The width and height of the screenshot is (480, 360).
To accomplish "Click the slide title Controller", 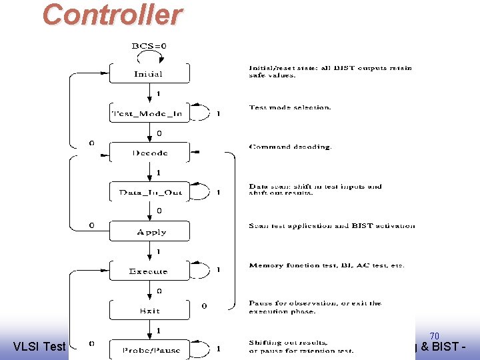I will (x=112, y=15).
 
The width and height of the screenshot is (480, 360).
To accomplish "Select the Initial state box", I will (x=149, y=73).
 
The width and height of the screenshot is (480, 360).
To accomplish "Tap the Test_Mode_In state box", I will (x=149, y=113).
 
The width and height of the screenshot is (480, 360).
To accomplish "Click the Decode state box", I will (x=149, y=153).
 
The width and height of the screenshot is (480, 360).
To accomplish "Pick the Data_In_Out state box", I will (x=149, y=192).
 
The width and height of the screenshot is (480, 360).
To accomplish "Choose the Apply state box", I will (x=149, y=232).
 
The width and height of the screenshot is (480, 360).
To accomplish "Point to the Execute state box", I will (x=149, y=271).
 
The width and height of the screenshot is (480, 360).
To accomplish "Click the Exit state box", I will (x=149, y=311).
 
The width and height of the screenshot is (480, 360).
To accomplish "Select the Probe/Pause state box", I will (x=149, y=349).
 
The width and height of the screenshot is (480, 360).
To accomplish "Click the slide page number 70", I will (x=434, y=336).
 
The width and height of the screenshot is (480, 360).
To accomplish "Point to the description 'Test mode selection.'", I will (x=290, y=107).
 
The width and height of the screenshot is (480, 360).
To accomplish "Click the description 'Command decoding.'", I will (x=289, y=147).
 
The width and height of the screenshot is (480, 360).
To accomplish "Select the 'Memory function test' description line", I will (x=326, y=265).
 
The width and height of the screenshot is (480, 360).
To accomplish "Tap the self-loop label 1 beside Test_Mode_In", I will (x=218, y=113).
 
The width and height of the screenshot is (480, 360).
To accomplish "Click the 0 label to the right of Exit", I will (x=204, y=306).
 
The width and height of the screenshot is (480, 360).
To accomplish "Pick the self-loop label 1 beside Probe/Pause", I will (x=219, y=349).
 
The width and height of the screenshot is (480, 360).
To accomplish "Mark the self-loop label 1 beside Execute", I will (x=218, y=271).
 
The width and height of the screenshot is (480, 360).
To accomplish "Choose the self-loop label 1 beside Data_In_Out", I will (x=218, y=193).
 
